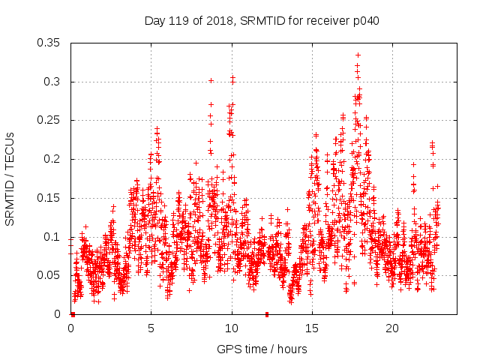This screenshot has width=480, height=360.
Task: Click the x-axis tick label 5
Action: click(x=151, y=328)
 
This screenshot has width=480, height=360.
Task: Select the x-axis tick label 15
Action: click(x=311, y=328)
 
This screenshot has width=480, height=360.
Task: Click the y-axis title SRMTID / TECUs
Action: click(x=10, y=178)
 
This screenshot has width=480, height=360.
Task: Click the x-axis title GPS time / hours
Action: click(x=262, y=349)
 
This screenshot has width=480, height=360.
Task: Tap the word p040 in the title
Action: click(x=366, y=20)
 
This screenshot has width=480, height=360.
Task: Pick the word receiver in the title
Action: click(x=327, y=20)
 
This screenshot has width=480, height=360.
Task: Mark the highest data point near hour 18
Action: click(x=358, y=55)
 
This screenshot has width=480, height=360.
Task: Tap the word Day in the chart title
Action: click(x=154, y=20)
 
